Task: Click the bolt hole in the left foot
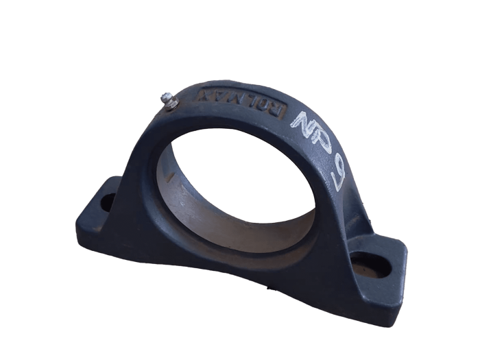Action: pos(108,202)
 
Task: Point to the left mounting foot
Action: pos(99,213)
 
